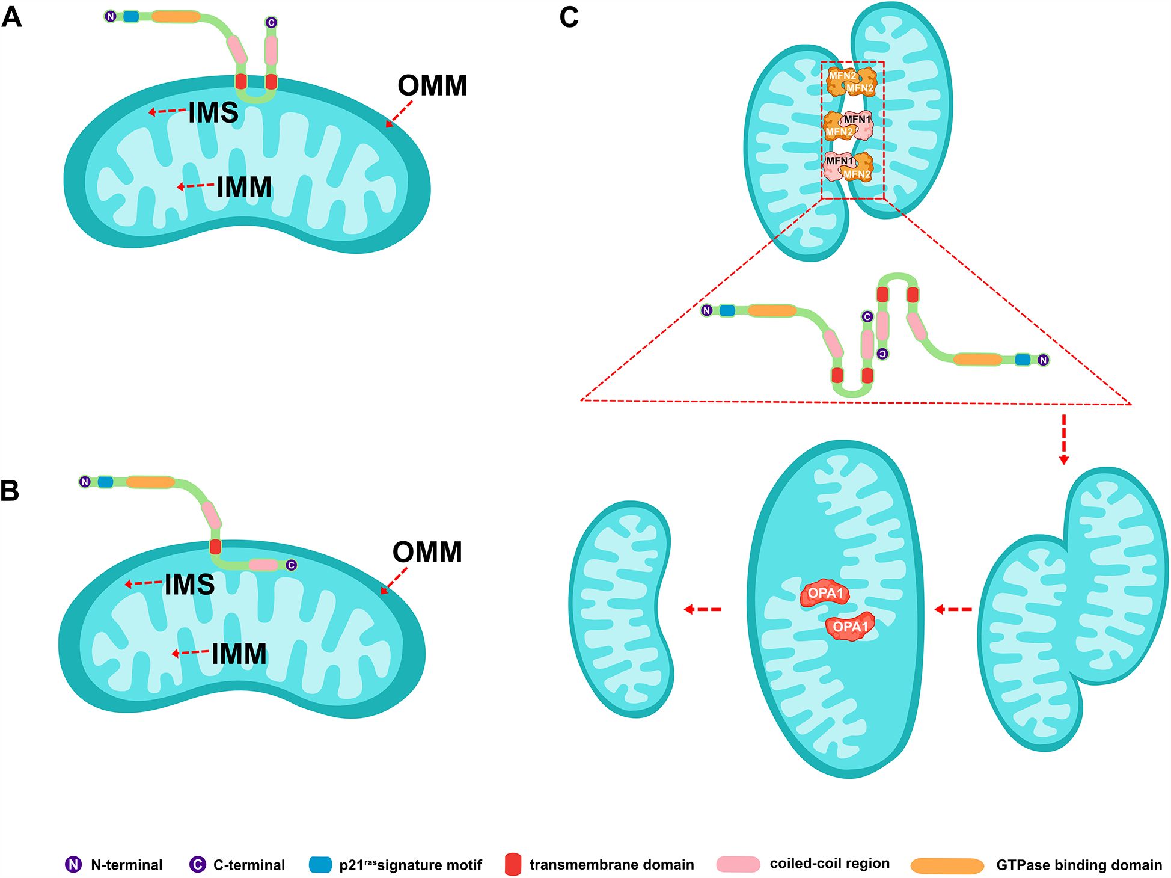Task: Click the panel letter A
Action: click(12, 17)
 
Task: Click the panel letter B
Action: click(10, 491)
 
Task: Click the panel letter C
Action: click(569, 17)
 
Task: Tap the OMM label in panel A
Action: click(432, 85)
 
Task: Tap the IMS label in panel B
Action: click(189, 585)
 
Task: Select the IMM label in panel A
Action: click(244, 187)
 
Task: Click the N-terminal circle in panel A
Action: click(111, 16)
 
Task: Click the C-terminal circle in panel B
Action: click(291, 565)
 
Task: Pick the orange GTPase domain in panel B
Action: click(150, 482)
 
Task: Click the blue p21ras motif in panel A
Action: click(131, 16)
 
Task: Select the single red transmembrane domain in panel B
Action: click(215, 547)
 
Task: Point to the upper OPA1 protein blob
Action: click(825, 593)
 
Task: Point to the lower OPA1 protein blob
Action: click(850, 627)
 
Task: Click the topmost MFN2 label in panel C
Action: click(842, 76)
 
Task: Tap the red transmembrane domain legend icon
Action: click(513, 864)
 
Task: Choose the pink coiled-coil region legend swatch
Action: click(738, 864)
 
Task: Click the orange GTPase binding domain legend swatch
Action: click(947, 865)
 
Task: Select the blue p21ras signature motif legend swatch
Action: click(320, 865)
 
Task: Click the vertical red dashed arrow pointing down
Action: click(1063, 439)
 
